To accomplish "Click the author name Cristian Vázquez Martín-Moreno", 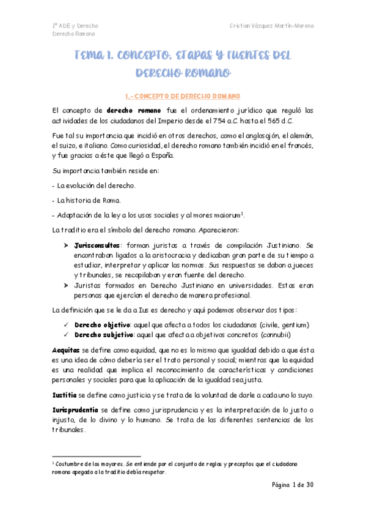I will coord(272,26).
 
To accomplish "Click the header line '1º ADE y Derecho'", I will coord(75,26).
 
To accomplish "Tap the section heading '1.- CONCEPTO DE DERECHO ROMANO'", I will coord(182,96).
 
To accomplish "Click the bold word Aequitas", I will coord(66,349).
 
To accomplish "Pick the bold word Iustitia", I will coord(64,395).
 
